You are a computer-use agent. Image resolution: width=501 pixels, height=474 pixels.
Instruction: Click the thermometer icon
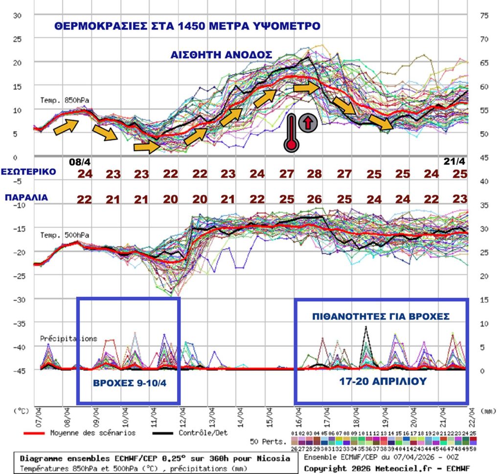tap(292, 133)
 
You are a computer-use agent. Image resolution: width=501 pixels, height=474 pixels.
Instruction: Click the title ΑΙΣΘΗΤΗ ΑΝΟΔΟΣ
tap(221, 55)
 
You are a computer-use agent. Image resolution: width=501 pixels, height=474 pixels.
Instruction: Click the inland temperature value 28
tap(314, 174)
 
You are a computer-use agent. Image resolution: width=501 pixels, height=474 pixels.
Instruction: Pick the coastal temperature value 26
tap(314, 200)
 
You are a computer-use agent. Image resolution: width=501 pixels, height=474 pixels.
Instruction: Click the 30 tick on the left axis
tap(17, 15)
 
